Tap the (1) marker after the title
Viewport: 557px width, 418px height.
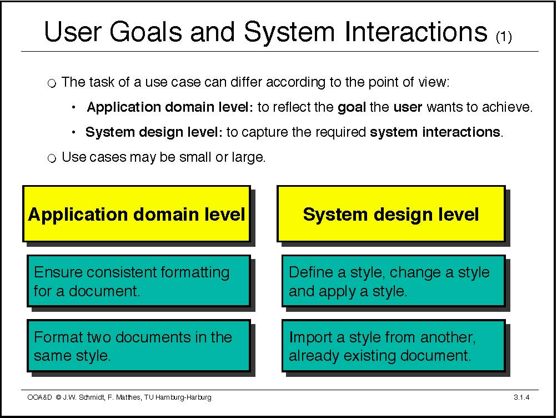click(x=504, y=37)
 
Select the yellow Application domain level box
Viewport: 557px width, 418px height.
click(x=137, y=213)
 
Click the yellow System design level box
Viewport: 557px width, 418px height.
click(x=391, y=213)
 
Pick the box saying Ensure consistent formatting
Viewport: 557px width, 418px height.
click(x=139, y=281)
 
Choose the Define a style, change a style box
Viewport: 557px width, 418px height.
click(x=393, y=281)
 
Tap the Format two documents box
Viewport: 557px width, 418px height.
click(x=139, y=346)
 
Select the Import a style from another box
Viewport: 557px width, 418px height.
click(x=393, y=346)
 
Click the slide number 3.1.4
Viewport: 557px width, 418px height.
click(x=521, y=397)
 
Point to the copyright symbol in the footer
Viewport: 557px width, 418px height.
click(x=59, y=397)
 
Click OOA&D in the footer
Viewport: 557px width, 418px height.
click(x=39, y=397)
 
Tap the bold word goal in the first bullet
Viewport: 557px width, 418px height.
click(x=352, y=107)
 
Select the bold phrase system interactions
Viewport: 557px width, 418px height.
click(x=435, y=132)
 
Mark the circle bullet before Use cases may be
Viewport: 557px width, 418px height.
click(x=52, y=158)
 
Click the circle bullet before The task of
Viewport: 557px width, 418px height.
click(x=52, y=84)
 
